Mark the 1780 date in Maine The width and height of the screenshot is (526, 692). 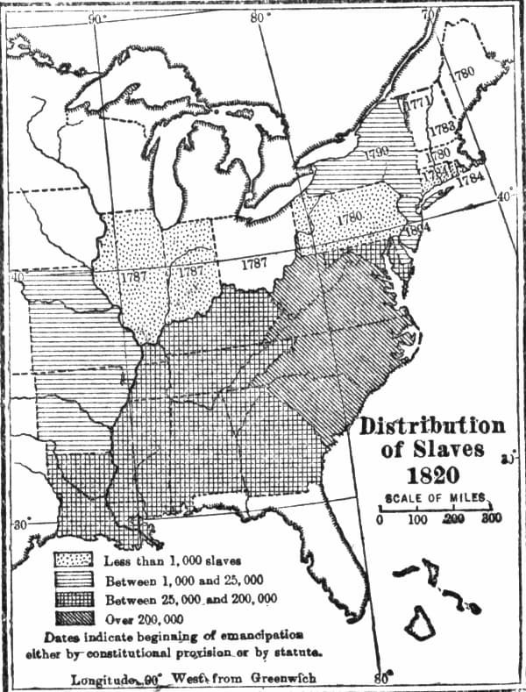click(x=464, y=72)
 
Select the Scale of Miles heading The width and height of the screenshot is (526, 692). click(x=431, y=495)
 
